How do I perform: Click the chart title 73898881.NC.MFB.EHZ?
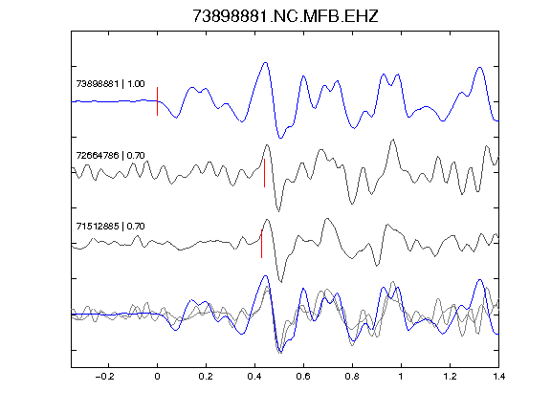pyautogui.click(x=285, y=16)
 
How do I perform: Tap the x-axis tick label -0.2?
pyautogui.click(x=104, y=377)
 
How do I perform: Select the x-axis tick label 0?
pyautogui.click(x=157, y=377)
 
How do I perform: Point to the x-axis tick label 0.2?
pyautogui.click(x=206, y=377)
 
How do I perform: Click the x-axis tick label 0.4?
pyautogui.click(x=254, y=377)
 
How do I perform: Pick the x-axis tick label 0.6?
pyautogui.click(x=303, y=377)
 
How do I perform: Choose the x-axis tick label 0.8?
pyautogui.click(x=352, y=377)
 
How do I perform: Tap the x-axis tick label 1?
pyautogui.click(x=401, y=377)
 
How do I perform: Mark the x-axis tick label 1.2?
pyautogui.click(x=450, y=377)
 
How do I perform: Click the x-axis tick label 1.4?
pyautogui.click(x=498, y=377)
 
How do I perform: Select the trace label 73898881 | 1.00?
pyautogui.click(x=110, y=84)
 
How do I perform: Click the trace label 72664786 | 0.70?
pyautogui.click(x=110, y=155)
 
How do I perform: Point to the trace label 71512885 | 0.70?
pyautogui.click(x=110, y=227)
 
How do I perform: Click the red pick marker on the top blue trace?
pyautogui.click(x=158, y=101)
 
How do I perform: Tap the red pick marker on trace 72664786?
pyautogui.click(x=264, y=173)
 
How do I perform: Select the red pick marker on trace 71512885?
pyautogui.click(x=261, y=244)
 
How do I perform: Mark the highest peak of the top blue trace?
pyautogui.click(x=266, y=63)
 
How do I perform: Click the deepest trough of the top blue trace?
pyautogui.click(x=280, y=138)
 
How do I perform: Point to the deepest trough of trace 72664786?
pyautogui.click(x=278, y=211)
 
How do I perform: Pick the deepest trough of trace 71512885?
pyautogui.click(x=280, y=282)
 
